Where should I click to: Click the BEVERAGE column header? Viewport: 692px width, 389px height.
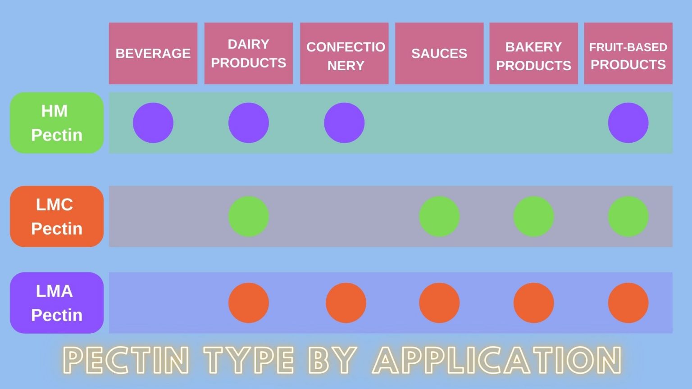pyautogui.click(x=153, y=53)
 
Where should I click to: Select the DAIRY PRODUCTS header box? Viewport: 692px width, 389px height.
pyautogui.click(x=248, y=53)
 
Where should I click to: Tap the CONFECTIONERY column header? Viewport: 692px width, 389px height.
pyautogui.click(x=344, y=53)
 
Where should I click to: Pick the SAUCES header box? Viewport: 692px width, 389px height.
pyautogui.click(x=439, y=53)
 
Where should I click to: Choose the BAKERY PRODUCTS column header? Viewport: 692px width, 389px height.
pyautogui.click(x=533, y=53)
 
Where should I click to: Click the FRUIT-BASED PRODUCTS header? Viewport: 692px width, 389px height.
pyautogui.click(x=628, y=53)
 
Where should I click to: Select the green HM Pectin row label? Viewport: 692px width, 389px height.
pyautogui.click(x=57, y=122)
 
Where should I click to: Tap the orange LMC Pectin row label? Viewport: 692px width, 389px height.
pyautogui.click(x=57, y=216)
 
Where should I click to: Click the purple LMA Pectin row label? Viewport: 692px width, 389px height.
pyautogui.click(x=57, y=303)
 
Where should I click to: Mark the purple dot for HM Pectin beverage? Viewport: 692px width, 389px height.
pyautogui.click(x=153, y=122)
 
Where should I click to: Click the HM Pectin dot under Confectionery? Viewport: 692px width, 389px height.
pyautogui.click(x=344, y=122)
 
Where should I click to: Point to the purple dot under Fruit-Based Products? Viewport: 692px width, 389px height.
pyautogui.click(x=628, y=122)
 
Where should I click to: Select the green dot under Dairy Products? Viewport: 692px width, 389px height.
pyautogui.click(x=248, y=217)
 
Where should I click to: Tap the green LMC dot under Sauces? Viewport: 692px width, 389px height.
pyautogui.click(x=439, y=217)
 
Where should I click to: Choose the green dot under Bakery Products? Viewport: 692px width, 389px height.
pyautogui.click(x=533, y=217)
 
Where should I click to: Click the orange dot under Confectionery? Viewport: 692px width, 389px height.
pyautogui.click(x=346, y=303)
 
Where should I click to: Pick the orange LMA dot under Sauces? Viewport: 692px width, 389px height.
pyautogui.click(x=439, y=303)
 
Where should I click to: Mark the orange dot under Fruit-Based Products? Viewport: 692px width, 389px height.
pyautogui.click(x=628, y=303)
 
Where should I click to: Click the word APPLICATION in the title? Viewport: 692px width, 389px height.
pyautogui.click(x=497, y=360)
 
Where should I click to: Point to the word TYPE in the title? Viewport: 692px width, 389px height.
pyautogui.click(x=249, y=360)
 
